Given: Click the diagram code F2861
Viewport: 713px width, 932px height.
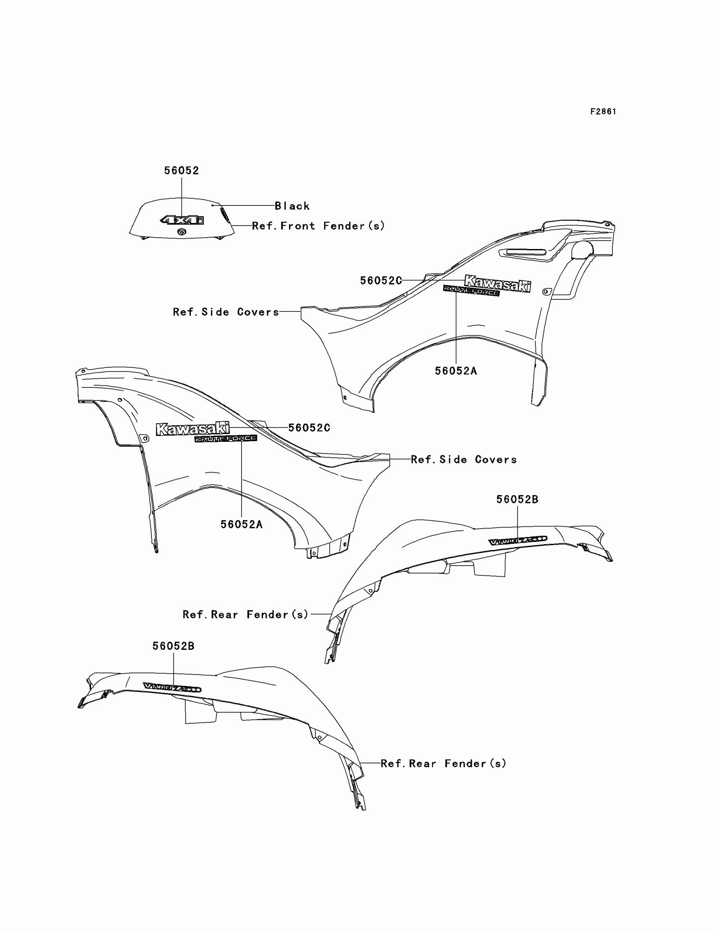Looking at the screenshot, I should point(603,112).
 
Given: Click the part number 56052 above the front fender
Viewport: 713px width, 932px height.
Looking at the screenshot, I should point(182,171).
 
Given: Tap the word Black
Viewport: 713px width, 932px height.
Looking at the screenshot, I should point(292,206).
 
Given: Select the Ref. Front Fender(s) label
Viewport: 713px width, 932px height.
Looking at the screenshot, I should point(318,226).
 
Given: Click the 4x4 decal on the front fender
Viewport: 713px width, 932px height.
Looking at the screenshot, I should point(182,220).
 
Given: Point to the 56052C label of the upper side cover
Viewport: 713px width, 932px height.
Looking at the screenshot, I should point(381,280).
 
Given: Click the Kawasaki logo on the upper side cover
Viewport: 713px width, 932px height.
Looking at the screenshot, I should point(497,283).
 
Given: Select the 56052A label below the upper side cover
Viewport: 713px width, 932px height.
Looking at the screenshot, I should point(456,371).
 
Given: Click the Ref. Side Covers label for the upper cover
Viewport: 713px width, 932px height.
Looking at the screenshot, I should point(226,312).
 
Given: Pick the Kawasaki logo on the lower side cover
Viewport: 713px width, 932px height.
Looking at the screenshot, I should point(193,428).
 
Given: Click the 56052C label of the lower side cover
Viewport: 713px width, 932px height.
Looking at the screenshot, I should point(309,428).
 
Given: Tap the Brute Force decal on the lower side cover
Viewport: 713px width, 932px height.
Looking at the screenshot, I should point(226,439).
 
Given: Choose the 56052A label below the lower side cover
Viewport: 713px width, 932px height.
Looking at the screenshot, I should point(242,524).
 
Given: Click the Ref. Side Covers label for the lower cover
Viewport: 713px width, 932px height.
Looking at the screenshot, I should point(463,460).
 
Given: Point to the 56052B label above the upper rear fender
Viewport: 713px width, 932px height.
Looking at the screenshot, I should point(517,499).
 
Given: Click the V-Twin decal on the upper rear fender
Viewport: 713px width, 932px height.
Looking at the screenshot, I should point(518,541).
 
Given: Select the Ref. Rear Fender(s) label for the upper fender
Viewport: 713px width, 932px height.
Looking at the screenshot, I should point(245,614).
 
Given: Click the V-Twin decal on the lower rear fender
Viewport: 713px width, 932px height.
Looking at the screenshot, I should point(172,687).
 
